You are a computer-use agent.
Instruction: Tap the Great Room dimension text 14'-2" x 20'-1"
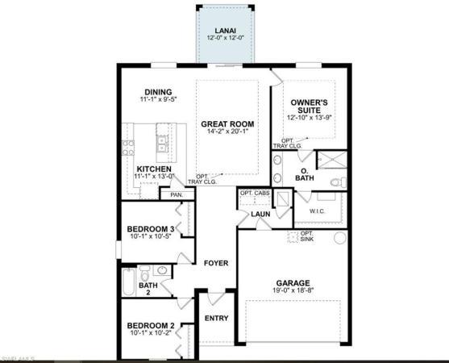pyautogui.click(x=227, y=131)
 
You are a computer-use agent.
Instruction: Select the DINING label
pyautogui.click(x=158, y=91)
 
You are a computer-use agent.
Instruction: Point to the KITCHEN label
pyautogui.click(x=154, y=169)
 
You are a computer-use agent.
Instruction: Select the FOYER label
pyautogui.click(x=215, y=263)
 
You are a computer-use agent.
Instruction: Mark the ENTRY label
pyautogui.click(x=217, y=318)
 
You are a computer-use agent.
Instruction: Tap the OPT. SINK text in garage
pyautogui.click(x=306, y=237)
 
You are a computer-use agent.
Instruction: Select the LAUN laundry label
pyautogui.click(x=260, y=214)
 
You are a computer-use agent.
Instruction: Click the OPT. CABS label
pyautogui.click(x=256, y=193)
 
